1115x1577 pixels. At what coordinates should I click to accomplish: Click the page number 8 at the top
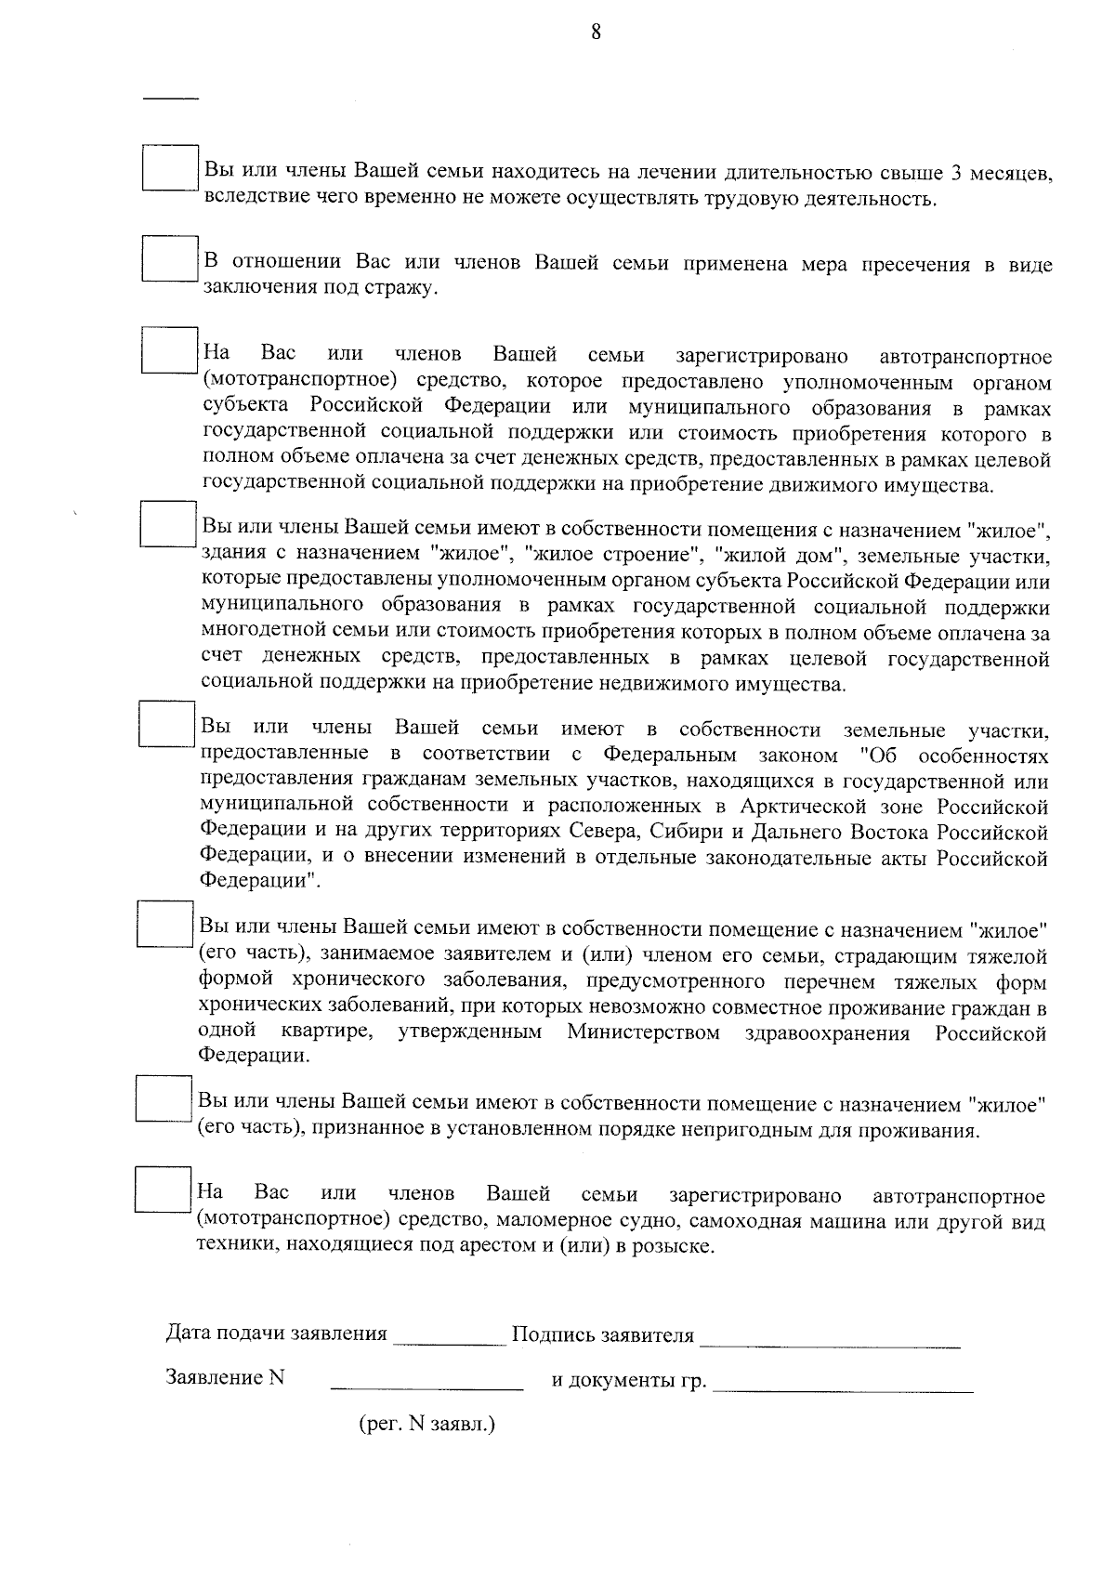pyautogui.click(x=596, y=33)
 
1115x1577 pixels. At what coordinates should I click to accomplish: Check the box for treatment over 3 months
pyautogui.click(x=171, y=168)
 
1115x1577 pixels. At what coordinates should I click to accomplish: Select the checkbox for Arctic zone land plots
pyautogui.click(x=166, y=723)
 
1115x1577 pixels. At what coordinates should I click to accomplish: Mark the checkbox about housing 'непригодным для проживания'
pyautogui.click(x=164, y=1098)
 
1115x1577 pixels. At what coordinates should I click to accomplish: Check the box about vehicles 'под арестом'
pyautogui.click(x=163, y=1189)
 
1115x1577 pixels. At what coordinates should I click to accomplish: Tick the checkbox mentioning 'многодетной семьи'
pyautogui.click(x=168, y=524)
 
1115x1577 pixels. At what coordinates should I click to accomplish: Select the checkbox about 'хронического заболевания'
pyautogui.click(x=165, y=923)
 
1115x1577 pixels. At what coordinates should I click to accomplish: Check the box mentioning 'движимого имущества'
pyautogui.click(x=170, y=350)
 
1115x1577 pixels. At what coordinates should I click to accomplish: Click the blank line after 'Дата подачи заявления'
pyautogui.click(x=449, y=1343)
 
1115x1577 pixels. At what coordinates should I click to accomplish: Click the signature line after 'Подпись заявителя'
pyautogui.click(x=829, y=1345)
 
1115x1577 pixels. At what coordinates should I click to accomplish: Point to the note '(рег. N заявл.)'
pyautogui.click(x=426, y=1424)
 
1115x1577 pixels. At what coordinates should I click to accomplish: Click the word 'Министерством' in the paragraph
pyautogui.click(x=643, y=1033)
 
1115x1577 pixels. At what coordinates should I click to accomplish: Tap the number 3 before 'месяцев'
pyautogui.click(x=957, y=174)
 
